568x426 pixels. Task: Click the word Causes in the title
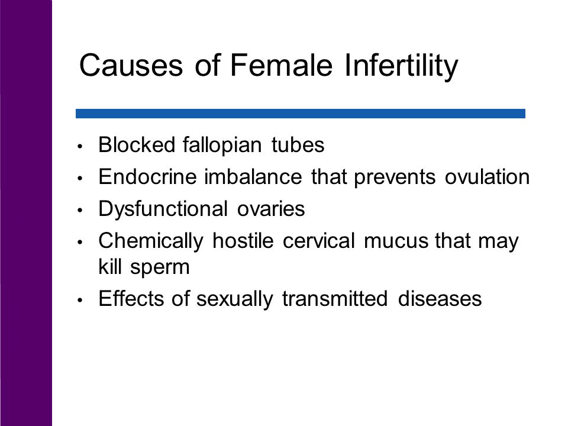(131, 65)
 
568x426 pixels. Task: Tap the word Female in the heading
(281, 65)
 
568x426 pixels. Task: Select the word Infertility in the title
(401, 67)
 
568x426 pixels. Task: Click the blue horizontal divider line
(301, 114)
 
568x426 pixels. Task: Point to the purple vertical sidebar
(26, 213)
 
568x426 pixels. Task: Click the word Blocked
(137, 144)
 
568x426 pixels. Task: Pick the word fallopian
(222, 146)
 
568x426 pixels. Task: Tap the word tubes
(298, 145)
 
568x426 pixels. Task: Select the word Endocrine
(147, 177)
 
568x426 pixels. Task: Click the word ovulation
(487, 177)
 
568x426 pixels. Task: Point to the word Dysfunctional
(163, 209)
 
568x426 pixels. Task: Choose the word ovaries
(271, 209)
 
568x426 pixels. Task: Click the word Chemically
(151, 241)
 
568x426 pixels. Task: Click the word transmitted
(335, 299)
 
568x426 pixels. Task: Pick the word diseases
(440, 299)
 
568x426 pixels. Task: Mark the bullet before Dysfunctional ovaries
(80, 210)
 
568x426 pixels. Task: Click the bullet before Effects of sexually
(80, 300)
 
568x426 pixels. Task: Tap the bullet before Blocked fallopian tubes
(80, 146)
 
